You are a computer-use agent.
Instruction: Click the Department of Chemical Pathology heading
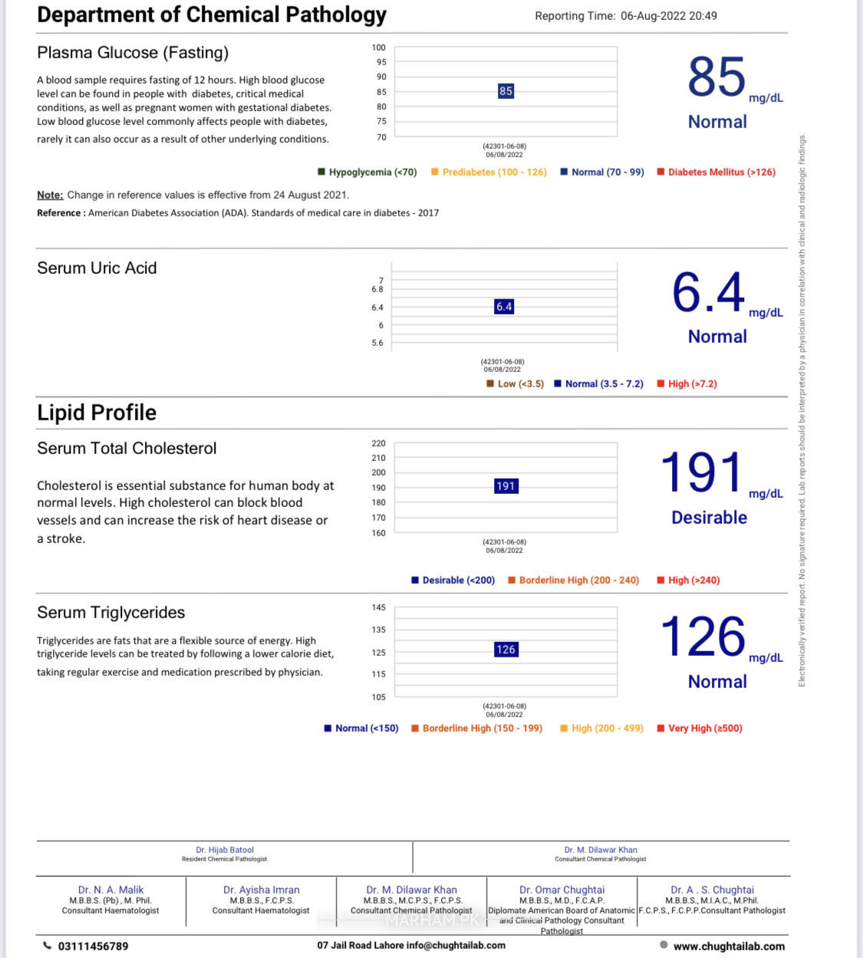pos(212,15)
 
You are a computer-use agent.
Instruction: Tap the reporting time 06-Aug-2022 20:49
pos(668,16)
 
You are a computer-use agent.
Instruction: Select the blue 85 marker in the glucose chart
pos(506,91)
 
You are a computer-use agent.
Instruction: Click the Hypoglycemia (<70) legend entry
pos(368,173)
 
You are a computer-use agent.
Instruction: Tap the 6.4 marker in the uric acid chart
pos(504,307)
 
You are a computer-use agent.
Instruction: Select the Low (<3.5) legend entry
pos(515,384)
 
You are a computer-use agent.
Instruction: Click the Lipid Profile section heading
pos(97,413)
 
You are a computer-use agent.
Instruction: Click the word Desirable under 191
pos(709,518)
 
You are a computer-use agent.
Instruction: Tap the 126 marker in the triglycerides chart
pos(506,650)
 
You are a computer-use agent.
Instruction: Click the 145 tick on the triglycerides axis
pos(379,607)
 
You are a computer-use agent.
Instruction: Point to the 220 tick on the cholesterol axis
pos(379,443)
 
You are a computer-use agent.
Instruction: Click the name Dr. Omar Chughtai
pos(562,890)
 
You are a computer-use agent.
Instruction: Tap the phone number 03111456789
pos(93,946)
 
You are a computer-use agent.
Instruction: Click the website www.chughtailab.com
pos(729,946)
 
